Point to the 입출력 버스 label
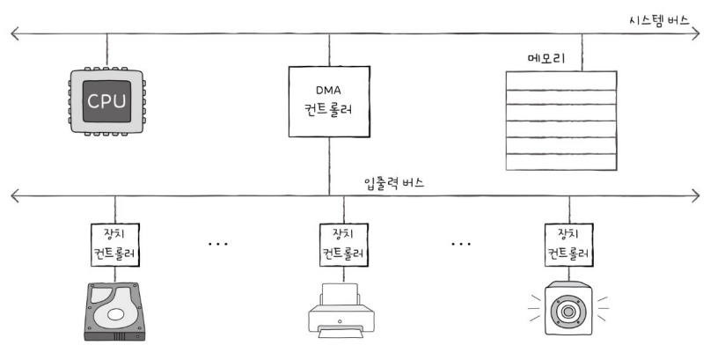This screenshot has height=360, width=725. pos(395,182)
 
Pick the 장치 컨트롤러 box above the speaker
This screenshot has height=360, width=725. pos(564,242)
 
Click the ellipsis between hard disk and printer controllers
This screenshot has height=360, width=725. pos(217,242)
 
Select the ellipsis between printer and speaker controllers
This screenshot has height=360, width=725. pos(461,242)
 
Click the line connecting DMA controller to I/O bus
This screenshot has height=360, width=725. pos(329,165)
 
